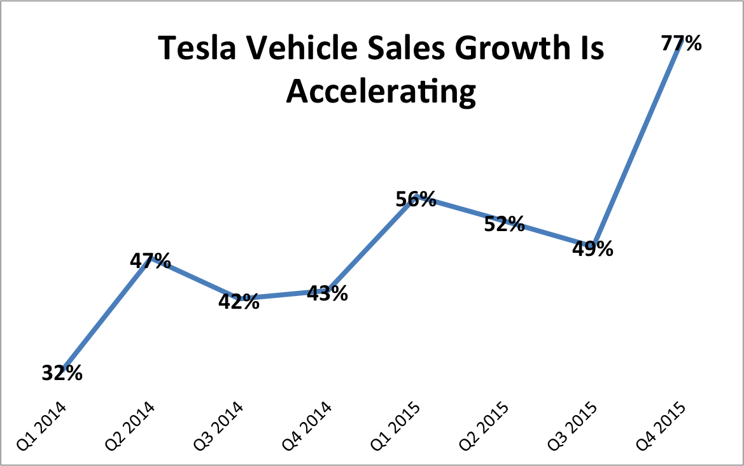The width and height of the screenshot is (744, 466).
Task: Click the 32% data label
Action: click(x=62, y=373)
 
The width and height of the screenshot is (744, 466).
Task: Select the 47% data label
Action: click(x=150, y=260)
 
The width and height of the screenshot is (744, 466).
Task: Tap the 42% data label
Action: click(x=239, y=301)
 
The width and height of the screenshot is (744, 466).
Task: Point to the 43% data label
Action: click(x=327, y=293)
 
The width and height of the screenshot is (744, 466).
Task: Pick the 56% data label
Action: click(x=416, y=199)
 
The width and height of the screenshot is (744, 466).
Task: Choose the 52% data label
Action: click(x=504, y=224)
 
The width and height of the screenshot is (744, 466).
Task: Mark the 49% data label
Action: click(x=593, y=248)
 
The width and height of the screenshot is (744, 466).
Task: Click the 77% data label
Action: click(x=681, y=43)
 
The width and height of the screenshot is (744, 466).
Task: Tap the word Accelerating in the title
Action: click(x=381, y=91)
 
